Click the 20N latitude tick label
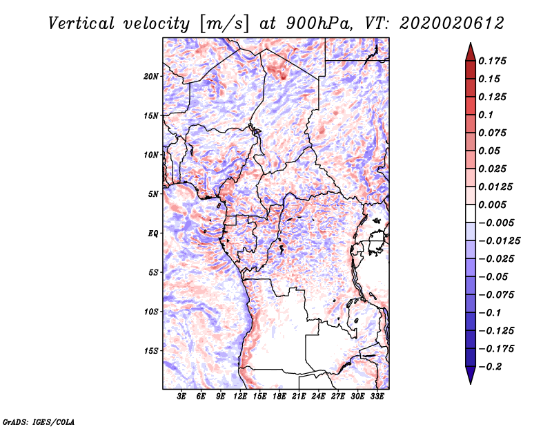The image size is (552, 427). (151, 76)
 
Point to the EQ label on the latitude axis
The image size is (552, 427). (153, 234)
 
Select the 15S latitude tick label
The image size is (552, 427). (151, 351)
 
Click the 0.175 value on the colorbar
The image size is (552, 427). (494, 61)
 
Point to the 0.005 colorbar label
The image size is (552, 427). (494, 205)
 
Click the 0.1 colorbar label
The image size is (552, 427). (487, 115)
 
